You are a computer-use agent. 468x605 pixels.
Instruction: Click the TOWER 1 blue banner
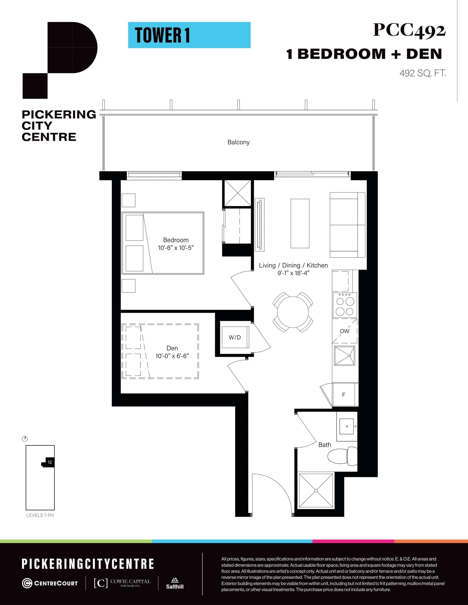pos(189,35)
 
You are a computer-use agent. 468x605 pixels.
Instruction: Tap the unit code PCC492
pos(409,30)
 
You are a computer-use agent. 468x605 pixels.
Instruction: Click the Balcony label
pos(238,142)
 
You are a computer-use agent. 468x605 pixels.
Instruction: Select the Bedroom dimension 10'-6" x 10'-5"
pos(176,248)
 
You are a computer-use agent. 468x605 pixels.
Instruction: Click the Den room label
pos(172,348)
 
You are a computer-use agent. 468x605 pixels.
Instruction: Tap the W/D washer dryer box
pos(235,337)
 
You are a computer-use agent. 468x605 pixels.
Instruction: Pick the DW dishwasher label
pos(344,331)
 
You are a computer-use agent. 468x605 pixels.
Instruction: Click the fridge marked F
pos(344,395)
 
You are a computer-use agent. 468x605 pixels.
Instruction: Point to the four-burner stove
pos(345,305)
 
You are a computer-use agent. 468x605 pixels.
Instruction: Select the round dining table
pos(293,312)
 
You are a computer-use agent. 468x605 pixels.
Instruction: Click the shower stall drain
pos(316,490)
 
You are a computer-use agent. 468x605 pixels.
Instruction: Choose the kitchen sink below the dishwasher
pos(344,356)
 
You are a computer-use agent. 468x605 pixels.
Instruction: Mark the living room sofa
pos(347,225)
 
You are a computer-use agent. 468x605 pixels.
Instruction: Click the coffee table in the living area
pos(300,223)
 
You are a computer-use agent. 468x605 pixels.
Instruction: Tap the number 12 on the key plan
pos(50,462)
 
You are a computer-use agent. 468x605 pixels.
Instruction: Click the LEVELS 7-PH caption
pos(40,515)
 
